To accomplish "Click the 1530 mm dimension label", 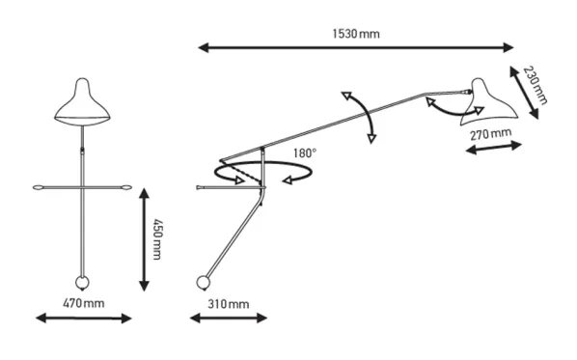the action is (356, 34).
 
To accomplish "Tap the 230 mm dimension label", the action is (536, 85).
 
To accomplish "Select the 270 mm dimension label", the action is (491, 134).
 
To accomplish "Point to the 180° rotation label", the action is (305, 152).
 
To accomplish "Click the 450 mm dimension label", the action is (157, 239).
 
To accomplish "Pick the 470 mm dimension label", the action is (84, 304).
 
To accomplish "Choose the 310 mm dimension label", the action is (228, 304).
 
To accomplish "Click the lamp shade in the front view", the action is (82, 101).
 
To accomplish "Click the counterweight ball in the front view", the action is (82, 283).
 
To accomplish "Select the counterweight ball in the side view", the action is (204, 283).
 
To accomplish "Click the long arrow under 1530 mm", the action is (355, 47).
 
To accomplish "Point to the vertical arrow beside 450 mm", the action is (145, 239).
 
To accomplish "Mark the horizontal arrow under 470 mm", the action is (84, 318).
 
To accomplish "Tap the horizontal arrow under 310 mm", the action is (228, 318).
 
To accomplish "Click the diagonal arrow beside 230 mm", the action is (524, 93).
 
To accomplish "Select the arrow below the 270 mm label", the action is (494, 148).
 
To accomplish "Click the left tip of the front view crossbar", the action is (34, 188).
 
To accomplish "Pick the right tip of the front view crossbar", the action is (130, 188).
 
